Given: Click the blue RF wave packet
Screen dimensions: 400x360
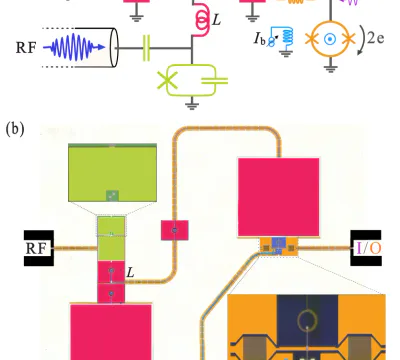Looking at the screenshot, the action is click(74, 47).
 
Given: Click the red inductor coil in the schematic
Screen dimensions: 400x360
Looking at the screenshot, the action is click(201, 19).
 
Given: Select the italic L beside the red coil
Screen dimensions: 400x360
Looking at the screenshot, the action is click(216, 20).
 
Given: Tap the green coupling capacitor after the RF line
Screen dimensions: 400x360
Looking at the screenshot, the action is click(146, 48).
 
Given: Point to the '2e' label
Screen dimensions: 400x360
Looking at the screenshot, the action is click(375, 38).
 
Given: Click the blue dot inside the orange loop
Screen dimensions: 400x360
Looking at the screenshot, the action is click(330, 39).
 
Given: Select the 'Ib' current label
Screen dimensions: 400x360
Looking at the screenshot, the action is click(260, 39).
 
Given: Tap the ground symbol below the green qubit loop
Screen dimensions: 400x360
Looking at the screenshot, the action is click(192, 105).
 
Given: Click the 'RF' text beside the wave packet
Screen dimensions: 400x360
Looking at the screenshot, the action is click(26, 48).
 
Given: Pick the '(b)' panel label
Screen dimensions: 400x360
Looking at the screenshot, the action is click(15, 129).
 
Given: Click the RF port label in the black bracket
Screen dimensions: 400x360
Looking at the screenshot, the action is click(35, 248).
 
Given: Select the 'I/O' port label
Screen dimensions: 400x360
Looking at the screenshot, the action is click(369, 248).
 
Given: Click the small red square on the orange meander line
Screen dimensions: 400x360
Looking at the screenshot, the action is click(175, 230).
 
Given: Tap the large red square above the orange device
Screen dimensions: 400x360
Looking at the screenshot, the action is click(279, 197).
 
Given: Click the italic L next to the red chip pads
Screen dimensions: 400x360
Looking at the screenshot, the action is click(130, 273).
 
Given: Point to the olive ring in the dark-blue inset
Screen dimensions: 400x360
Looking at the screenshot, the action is click(307, 320).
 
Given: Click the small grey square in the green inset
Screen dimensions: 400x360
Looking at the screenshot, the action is click(112, 196).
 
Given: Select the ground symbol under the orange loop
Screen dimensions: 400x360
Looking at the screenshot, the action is click(330, 68).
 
